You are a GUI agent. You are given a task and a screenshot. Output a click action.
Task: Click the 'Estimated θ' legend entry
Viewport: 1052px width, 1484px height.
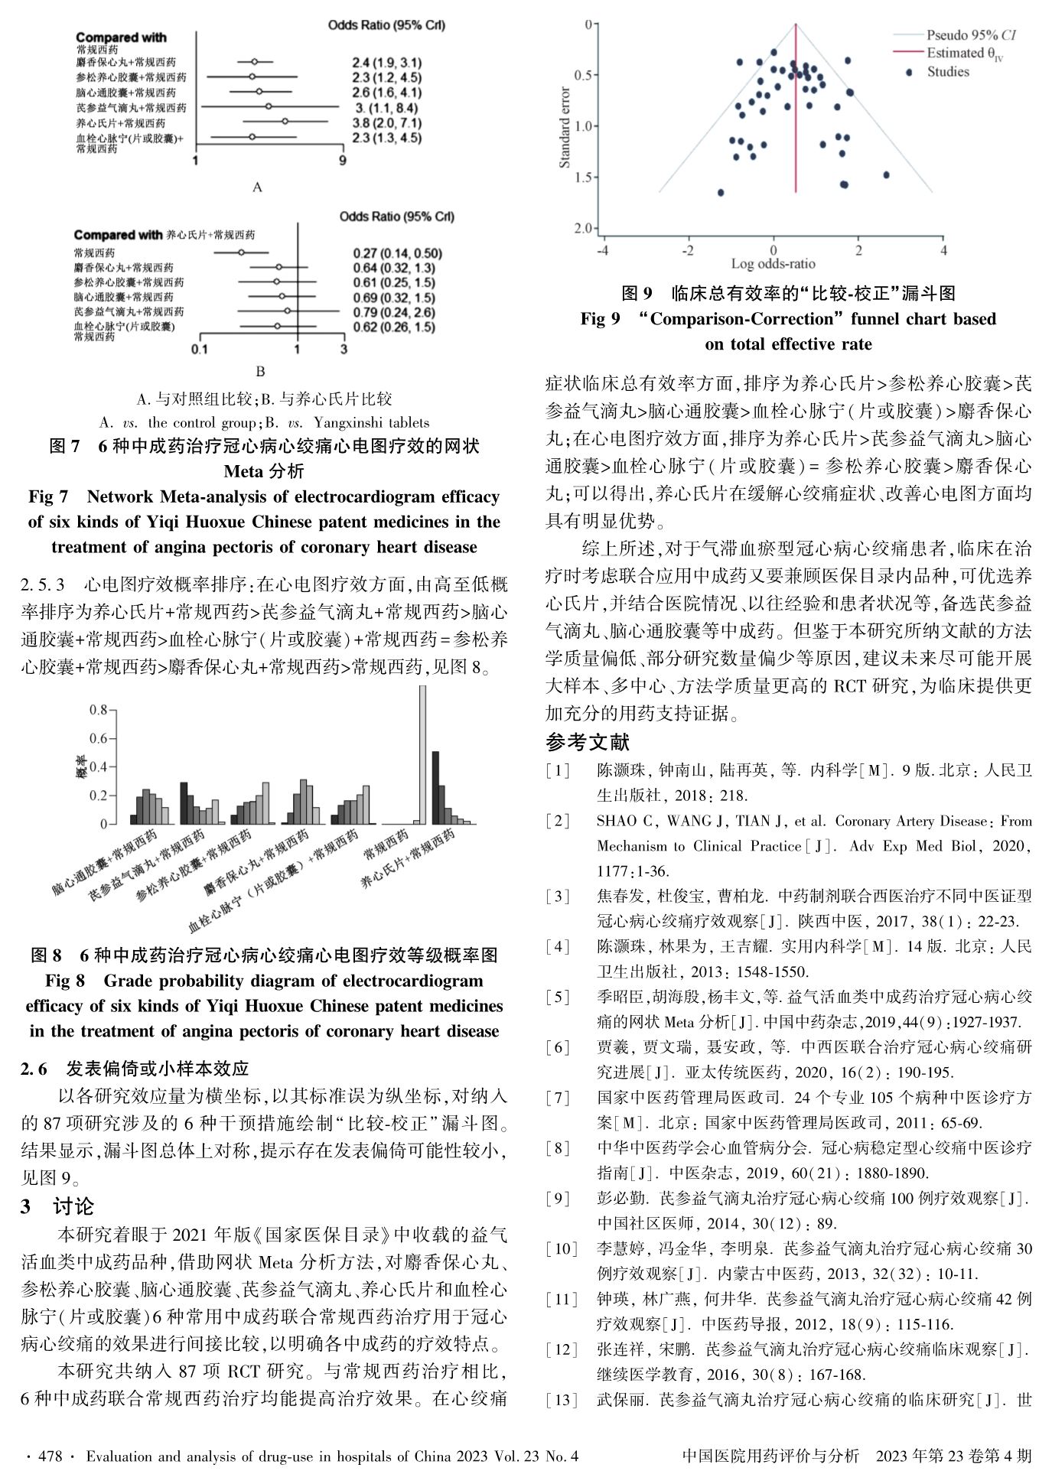tap(962, 54)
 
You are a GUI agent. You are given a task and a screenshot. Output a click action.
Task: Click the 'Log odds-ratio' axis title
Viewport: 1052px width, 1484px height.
tap(773, 264)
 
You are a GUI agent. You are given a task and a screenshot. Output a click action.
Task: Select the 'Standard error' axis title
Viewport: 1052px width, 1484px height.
tap(565, 125)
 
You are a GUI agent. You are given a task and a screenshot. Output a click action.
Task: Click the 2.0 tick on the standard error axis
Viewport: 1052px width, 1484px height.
tap(589, 228)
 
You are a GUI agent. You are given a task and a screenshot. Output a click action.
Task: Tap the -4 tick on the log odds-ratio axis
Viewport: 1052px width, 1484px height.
tap(603, 250)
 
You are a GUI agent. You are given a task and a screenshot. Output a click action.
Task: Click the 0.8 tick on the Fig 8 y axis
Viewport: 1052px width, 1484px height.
tap(97, 710)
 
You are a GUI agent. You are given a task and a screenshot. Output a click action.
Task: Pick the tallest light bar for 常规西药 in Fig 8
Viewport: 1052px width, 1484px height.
tap(422, 754)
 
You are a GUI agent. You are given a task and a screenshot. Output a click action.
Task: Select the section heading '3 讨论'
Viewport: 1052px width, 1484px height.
tap(57, 1206)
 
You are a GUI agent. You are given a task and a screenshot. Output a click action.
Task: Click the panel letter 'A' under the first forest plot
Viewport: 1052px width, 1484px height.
tap(257, 187)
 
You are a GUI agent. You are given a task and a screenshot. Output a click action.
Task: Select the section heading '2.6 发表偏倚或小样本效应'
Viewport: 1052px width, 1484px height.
tap(134, 1068)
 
